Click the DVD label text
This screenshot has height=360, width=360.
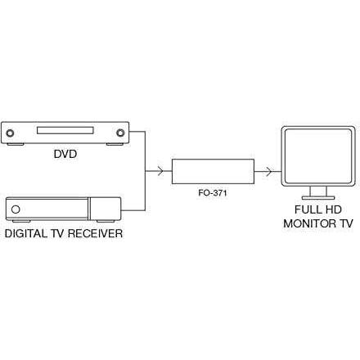coord(65,154)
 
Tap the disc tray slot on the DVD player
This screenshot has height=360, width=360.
coord(65,130)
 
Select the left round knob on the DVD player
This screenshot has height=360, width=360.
coord(10,133)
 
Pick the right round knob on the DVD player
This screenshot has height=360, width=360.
coord(120,133)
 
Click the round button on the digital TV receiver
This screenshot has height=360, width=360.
coord(16,209)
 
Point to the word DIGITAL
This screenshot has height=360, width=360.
coord(26,233)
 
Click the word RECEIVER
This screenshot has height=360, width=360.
coord(95,233)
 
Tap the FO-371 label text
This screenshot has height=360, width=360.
coord(213,193)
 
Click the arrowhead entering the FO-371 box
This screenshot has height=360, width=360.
coord(160,171)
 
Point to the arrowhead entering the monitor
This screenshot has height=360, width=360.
coord(269,172)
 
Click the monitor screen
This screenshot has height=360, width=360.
coord(318,156)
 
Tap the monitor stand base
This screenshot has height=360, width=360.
coord(318,197)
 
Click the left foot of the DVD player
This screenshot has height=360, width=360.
coord(16,144)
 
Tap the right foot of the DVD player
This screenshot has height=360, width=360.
coord(115,144)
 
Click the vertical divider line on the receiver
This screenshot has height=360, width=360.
coord(88,209)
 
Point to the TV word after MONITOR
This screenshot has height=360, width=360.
coord(346,223)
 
